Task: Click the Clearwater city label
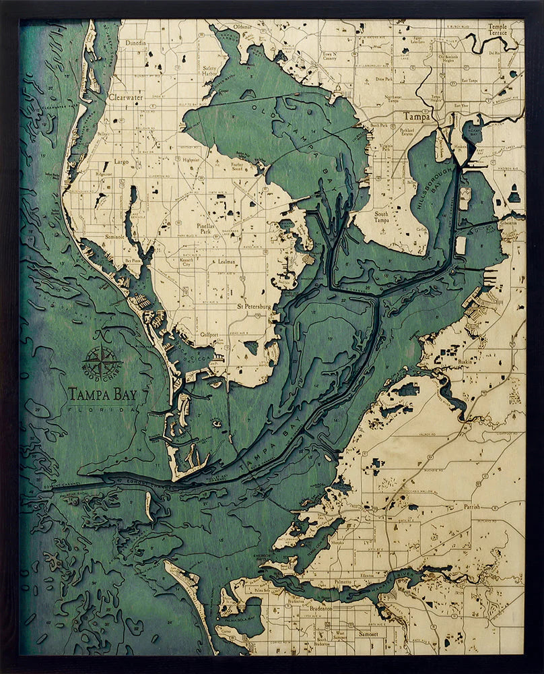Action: pyautogui.click(x=125, y=97)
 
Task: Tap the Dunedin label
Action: pyautogui.click(x=135, y=42)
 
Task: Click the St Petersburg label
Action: pyautogui.click(x=253, y=307)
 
